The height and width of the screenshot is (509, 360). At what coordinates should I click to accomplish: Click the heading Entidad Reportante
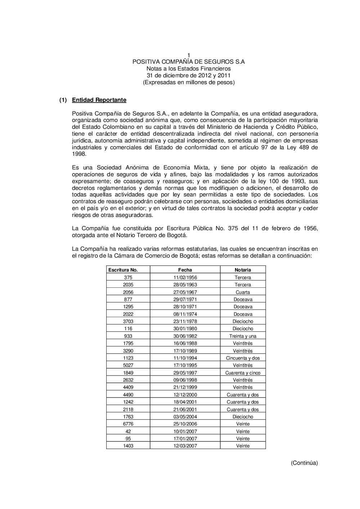99,100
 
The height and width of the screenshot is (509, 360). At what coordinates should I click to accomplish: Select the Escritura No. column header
123,270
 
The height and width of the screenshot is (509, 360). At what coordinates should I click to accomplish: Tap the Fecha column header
185,270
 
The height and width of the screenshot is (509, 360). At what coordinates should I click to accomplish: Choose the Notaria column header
243,270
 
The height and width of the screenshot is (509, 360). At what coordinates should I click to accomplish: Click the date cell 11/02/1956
185,277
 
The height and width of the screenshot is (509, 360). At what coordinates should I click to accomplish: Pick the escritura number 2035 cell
128,285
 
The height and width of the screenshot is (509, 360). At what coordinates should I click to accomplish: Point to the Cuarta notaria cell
243,292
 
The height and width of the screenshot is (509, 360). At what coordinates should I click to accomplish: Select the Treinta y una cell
243,336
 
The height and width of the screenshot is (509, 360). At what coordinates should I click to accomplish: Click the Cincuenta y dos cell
243,358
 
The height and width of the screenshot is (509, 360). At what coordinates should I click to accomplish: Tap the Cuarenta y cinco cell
243,373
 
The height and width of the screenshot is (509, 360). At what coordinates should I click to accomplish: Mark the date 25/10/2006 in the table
185,424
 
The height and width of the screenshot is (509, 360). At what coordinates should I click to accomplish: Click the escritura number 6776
128,424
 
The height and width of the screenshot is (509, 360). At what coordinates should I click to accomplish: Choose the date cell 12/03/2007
185,446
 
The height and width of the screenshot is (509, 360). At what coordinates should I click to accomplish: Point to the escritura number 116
128,328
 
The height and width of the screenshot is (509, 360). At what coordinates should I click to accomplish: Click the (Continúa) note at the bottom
304,463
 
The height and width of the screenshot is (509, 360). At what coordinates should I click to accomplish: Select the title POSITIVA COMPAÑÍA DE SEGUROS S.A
188,62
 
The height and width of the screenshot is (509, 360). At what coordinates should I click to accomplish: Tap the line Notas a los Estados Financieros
188,69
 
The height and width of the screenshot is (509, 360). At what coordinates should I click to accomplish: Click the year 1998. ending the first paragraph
79,154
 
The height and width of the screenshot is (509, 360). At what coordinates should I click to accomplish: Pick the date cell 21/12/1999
185,387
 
